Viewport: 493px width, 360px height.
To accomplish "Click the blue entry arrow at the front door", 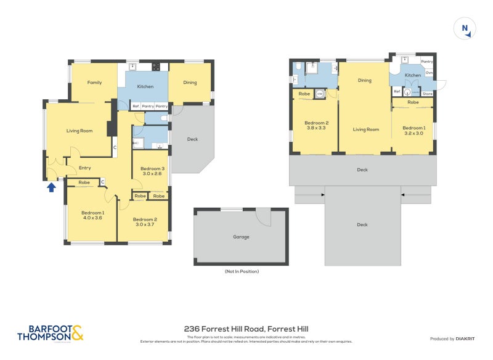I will tap(51, 187).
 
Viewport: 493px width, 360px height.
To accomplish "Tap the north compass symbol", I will tap(465, 29).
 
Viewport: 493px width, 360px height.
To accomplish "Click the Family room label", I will tap(94, 82).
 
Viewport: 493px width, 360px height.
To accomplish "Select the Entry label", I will tap(84, 168).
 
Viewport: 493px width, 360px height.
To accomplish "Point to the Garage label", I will tap(241, 237).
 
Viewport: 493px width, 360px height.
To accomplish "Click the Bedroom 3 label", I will tap(152, 168).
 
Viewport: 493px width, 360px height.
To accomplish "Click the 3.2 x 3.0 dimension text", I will tap(413, 133).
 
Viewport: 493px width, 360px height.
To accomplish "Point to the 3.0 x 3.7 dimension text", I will tap(145, 224).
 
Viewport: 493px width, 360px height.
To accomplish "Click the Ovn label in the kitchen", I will tap(429, 73).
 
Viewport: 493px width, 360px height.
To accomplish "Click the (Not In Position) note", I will tap(241, 271).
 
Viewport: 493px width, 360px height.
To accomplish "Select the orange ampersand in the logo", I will tap(77, 333).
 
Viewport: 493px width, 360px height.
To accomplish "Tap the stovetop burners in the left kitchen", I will tap(156, 66).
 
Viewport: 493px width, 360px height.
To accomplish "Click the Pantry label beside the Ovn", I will tap(426, 62).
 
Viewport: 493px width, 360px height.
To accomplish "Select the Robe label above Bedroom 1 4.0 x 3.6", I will tap(84, 182).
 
